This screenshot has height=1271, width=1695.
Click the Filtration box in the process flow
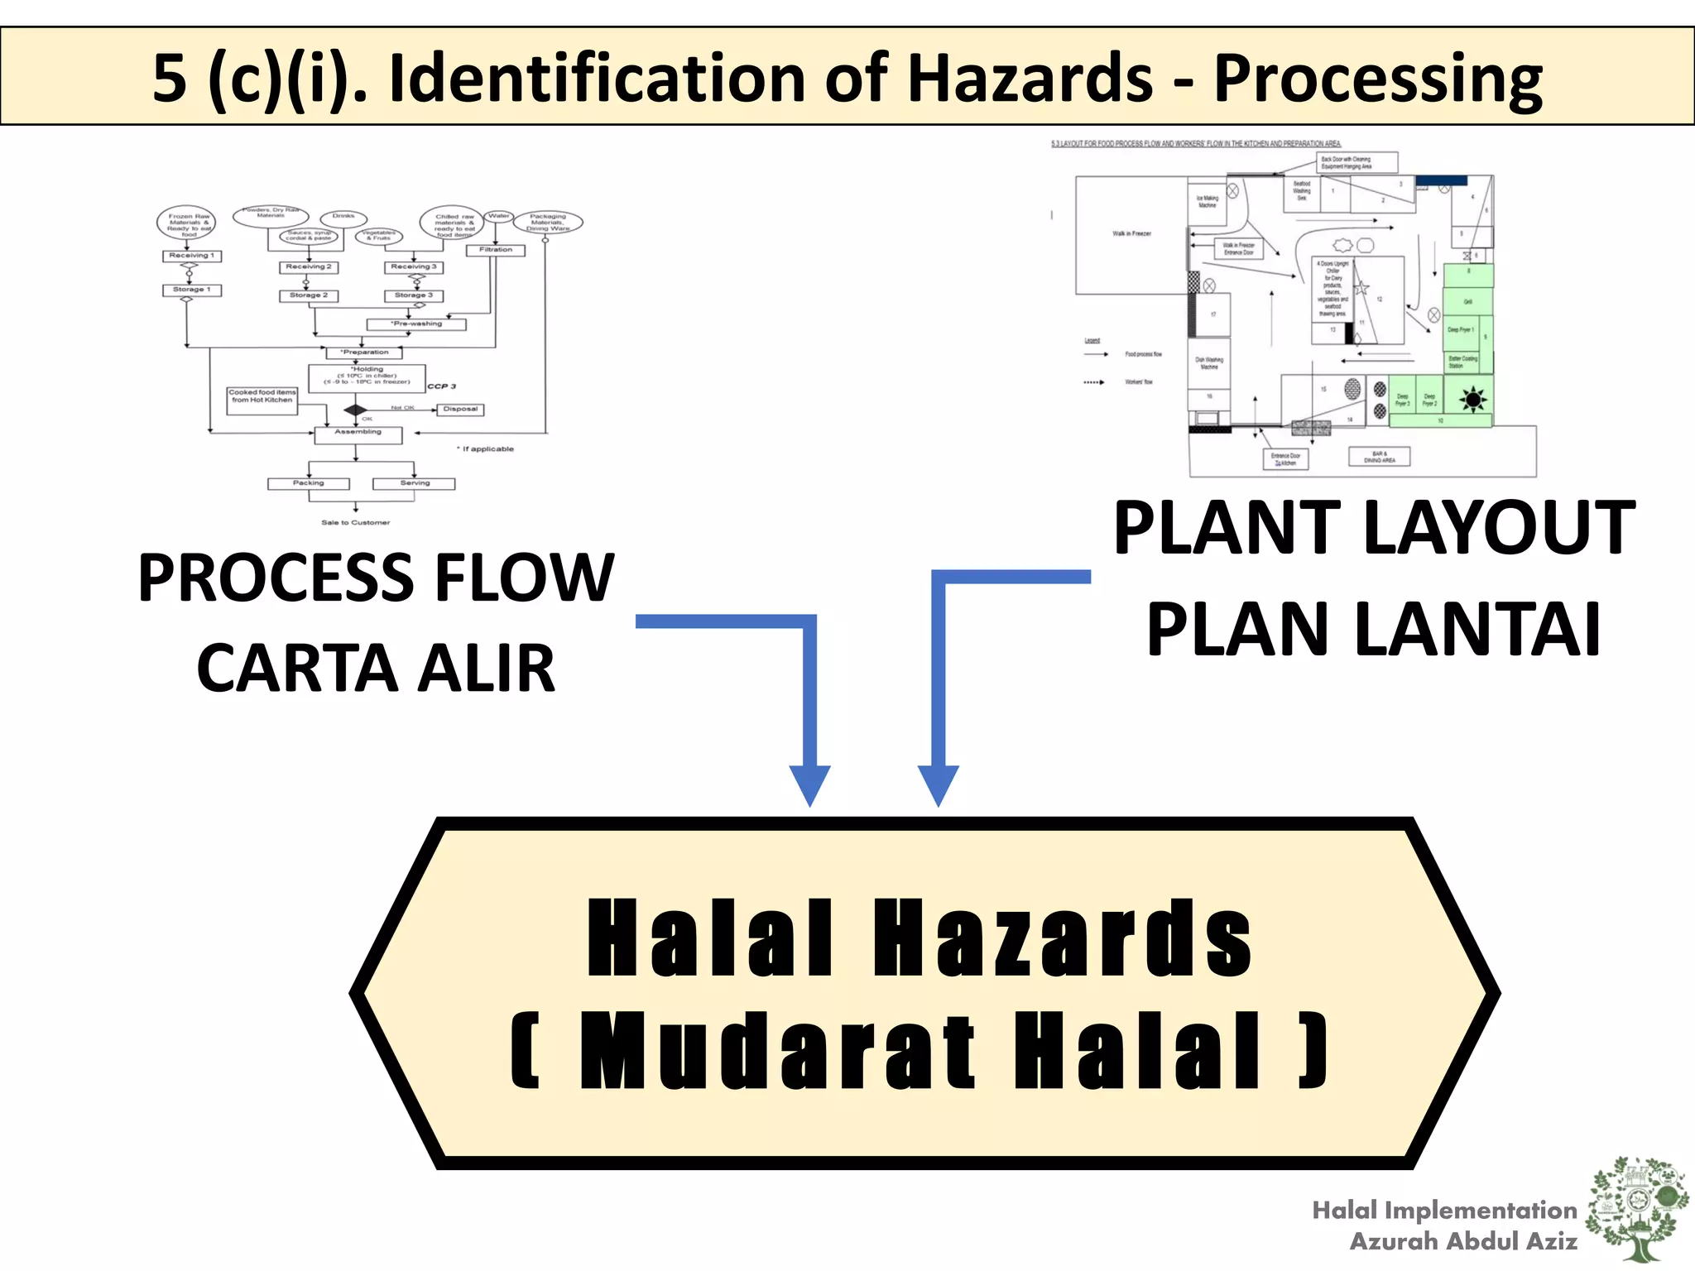point(495,250)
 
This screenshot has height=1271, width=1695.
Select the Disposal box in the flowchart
point(460,410)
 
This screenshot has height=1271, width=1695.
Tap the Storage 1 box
point(191,290)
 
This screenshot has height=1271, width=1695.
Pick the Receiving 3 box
point(414,267)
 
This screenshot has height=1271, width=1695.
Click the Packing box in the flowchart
point(308,484)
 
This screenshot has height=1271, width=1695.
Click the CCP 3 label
point(441,386)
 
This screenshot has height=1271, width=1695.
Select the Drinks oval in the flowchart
point(343,217)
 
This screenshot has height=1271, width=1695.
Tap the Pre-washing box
point(416,324)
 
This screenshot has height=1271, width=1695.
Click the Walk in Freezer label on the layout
point(1131,234)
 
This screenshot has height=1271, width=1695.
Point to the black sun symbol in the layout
point(1472,400)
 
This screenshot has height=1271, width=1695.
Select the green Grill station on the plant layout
point(1468,301)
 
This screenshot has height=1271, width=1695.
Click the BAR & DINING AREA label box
point(1379,457)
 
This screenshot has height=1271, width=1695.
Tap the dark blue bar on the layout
point(1441,180)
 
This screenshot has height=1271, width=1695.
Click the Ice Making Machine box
point(1208,202)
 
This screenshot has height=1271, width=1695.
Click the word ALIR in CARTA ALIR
point(486,669)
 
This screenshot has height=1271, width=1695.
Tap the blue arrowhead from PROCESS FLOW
point(809,784)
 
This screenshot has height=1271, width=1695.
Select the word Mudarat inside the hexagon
point(777,1051)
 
